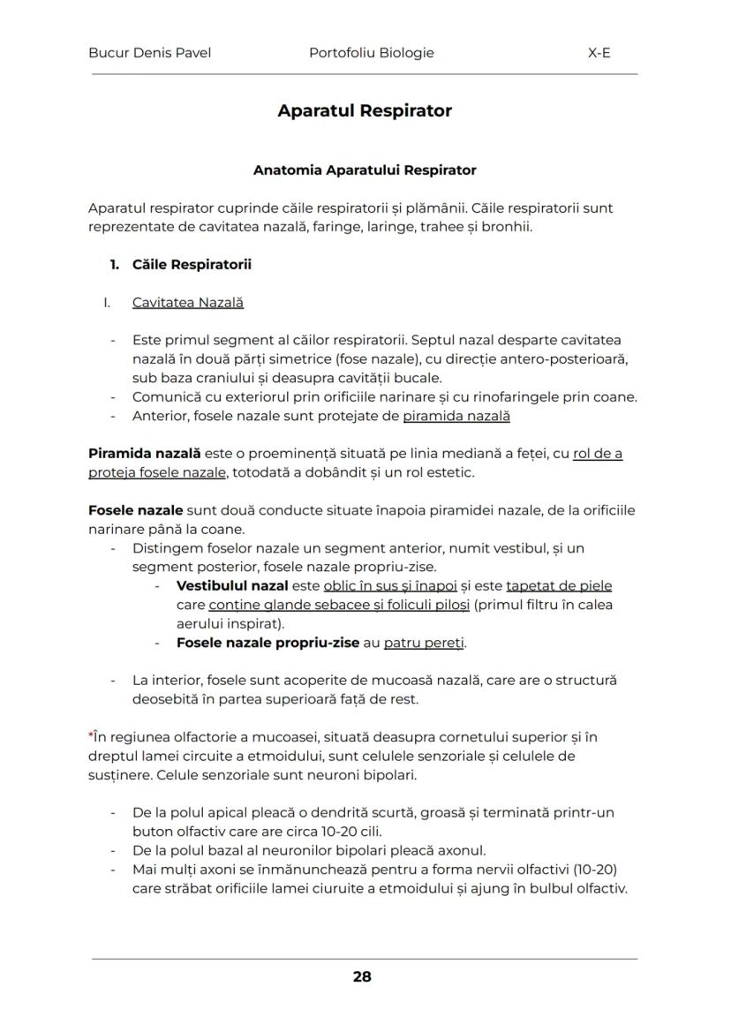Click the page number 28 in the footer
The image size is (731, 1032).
pos(361,976)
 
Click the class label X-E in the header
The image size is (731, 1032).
pos(599,53)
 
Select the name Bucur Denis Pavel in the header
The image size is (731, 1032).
pos(149,53)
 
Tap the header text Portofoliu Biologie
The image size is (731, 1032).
pos(372,53)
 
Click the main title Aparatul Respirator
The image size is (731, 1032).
pos(365,111)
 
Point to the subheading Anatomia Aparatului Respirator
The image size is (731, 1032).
pos(365,169)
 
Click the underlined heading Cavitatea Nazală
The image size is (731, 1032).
pos(188,303)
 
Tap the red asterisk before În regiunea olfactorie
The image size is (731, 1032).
pos(91,735)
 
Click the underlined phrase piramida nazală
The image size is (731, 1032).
pos(456,416)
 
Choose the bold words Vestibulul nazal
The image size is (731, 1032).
pos(232,586)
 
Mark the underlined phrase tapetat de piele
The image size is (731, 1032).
pos(559,586)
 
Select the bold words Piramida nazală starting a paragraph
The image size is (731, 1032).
pos(144,454)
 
